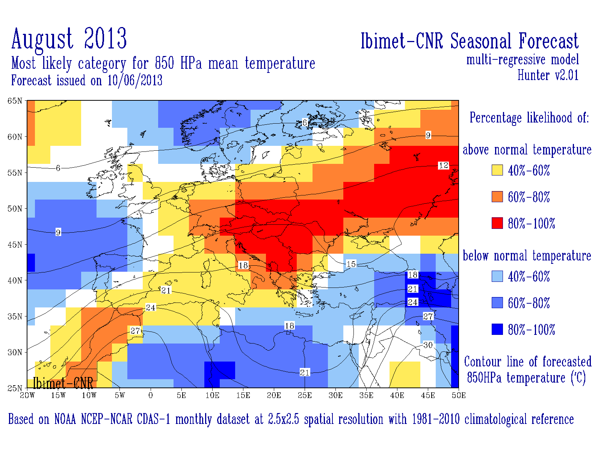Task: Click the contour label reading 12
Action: tap(444, 165)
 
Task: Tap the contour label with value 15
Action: tap(351, 264)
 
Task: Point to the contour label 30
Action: tap(428, 345)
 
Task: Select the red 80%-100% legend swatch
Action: tap(497, 223)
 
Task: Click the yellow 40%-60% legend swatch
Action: tap(497, 170)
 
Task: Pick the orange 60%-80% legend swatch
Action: tap(497, 197)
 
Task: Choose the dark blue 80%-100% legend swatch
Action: tap(497, 330)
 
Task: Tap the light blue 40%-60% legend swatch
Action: tap(497, 277)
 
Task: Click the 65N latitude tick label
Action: tap(15, 101)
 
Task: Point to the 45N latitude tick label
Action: tap(15, 245)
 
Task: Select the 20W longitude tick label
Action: tap(27, 395)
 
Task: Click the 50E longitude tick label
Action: tap(459, 395)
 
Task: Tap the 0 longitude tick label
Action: tap(151, 395)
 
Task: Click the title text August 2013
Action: tap(69, 39)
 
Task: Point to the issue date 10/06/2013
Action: tap(135, 80)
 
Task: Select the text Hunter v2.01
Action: tap(548, 75)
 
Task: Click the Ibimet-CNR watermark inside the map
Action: tap(63, 383)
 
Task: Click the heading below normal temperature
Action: tap(527, 256)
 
